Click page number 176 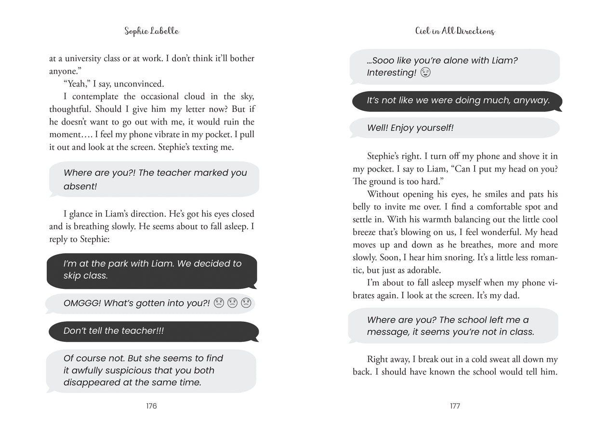point(151,406)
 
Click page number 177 point(455,406)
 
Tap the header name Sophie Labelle point(151,31)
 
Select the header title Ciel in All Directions point(455,31)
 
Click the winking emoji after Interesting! point(425,73)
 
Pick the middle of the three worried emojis point(232,303)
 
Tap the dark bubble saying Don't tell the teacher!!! point(153,331)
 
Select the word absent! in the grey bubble point(80,187)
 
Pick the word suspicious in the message point(141,371)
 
